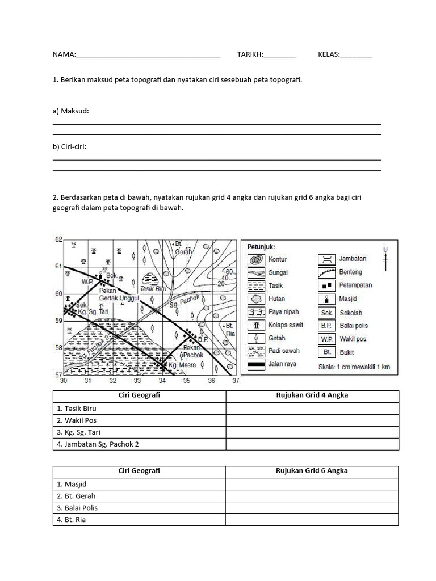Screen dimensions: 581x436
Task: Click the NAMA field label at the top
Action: pos(64,54)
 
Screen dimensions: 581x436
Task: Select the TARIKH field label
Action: pos(250,54)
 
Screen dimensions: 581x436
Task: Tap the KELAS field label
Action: pos(329,54)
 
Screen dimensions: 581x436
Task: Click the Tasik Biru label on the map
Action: pos(153,288)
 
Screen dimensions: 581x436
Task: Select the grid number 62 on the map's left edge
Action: pos(57,240)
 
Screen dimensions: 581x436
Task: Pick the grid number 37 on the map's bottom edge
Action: pos(236,381)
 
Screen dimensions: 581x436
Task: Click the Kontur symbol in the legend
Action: pos(256,259)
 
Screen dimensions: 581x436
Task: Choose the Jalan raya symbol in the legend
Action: pos(256,364)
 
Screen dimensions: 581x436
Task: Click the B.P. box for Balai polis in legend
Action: pos(326,326)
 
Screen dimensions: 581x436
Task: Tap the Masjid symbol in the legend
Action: pos(326,299)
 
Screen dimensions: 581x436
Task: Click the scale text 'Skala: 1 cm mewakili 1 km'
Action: pos(354,367)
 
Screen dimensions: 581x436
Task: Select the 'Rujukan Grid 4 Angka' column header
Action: pos(312,395)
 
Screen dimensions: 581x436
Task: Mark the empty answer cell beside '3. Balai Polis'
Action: pos(312,508)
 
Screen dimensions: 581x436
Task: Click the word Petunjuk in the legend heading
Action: pos(261,247)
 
